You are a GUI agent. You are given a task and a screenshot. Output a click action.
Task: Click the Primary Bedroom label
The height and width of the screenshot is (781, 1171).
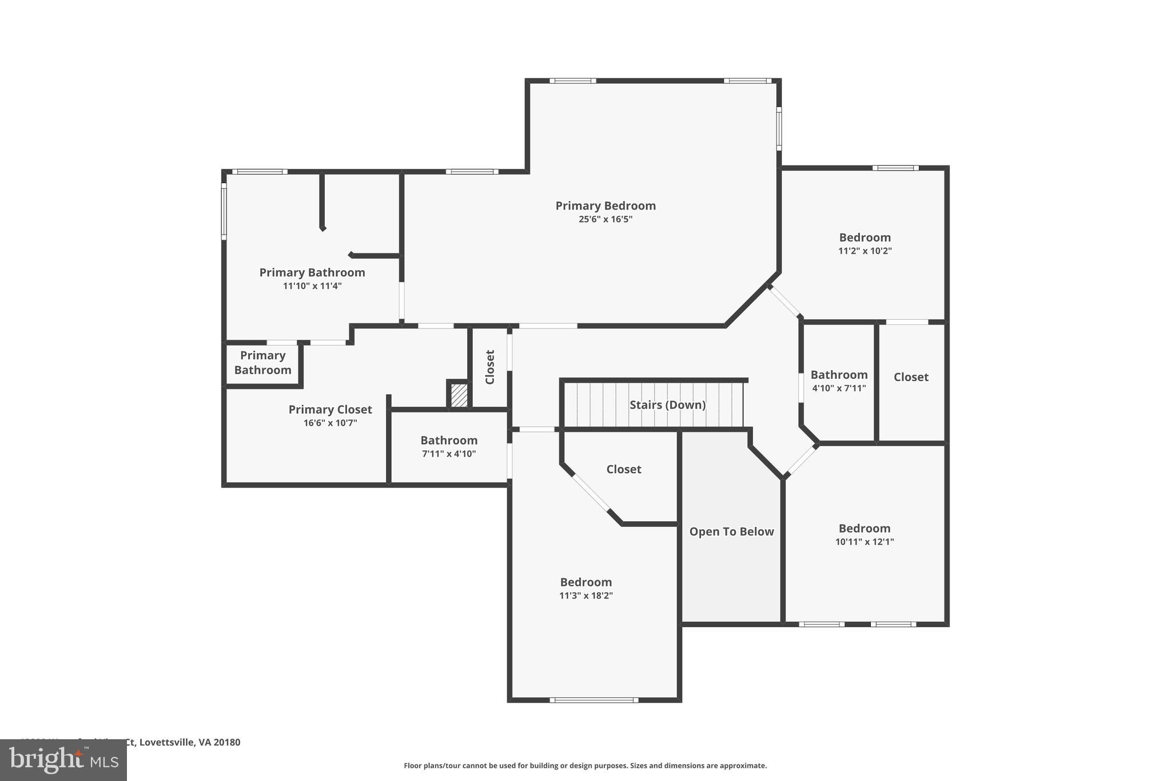(606, 206)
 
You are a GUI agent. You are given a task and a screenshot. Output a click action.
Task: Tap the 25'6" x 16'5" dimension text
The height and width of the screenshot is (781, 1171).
(606, 219)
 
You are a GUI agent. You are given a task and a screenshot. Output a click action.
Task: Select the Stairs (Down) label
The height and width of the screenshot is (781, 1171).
(667, 405)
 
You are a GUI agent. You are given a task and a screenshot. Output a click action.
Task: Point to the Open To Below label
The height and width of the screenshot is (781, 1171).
(731, 532)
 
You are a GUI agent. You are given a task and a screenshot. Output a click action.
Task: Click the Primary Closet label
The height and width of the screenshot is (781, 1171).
(330, 410)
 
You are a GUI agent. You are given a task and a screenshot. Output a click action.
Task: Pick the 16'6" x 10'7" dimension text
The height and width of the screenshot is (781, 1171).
(330, 423)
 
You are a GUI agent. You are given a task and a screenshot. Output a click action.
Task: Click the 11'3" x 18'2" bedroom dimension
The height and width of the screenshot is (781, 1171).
(585, 596)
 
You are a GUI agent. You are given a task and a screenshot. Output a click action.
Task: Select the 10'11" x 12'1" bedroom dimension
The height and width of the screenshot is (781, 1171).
(864, 542)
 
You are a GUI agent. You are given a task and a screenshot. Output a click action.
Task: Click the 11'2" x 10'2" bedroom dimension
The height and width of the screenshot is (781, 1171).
(865, 251)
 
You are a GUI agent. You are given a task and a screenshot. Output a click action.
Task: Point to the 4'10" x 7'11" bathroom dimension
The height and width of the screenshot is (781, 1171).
(839, 388)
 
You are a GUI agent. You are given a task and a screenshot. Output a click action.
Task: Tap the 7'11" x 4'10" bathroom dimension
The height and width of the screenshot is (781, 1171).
(449, 454)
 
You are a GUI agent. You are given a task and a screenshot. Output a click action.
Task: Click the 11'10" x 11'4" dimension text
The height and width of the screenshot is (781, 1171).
(312, 286)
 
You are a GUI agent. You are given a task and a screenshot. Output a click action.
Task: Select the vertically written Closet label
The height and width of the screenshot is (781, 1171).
(490, 367)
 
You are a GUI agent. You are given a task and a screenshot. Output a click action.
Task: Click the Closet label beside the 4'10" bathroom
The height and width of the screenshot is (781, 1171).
(911, 377)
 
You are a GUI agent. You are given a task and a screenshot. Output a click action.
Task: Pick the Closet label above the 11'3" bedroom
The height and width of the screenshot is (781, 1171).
(623, 469)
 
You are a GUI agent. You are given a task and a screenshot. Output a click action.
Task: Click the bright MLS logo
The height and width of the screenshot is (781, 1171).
(63, 760)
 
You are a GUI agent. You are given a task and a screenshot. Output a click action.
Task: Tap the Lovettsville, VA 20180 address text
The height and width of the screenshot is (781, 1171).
(189, 742)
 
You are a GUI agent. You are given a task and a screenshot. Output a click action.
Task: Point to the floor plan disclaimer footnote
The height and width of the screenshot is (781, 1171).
(585, 766)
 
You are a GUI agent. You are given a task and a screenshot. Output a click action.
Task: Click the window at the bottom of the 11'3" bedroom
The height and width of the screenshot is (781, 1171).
(594, 700)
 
